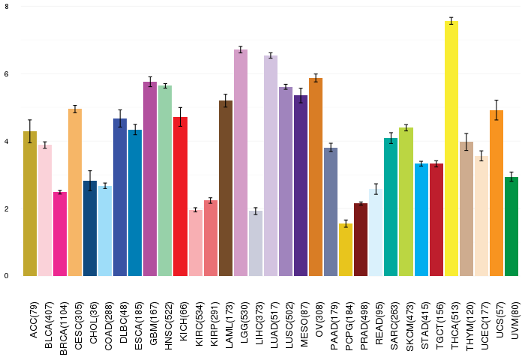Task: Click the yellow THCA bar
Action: (x=451, y=148)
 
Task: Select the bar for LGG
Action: (x=241, y=163)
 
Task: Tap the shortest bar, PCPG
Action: (x=346, y=250)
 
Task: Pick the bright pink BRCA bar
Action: (x=60, y=234)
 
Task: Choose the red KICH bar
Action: (x=181, y=196)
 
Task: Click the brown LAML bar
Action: (x=226, y=188)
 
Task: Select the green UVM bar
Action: (x=511, y=226)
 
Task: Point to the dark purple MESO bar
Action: (x=301, y=185)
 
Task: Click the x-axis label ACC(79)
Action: (x=34, y=319)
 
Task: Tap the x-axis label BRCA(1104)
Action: (x=64, y=328)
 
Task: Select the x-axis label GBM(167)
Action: (x=154, y=323)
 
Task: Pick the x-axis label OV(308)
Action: (x=319, y=319)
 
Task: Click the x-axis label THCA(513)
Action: (x=455, y=325)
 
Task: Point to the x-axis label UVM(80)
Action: (x=515, y=320)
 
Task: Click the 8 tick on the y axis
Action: (x=7, y=6)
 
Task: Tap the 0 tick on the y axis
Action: (x=7, y=276)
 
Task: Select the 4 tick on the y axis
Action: (x=7, y=141)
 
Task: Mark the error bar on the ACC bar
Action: (x=30, y=131)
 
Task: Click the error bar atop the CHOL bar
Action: (x=90, y=181)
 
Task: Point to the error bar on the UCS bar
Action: (x=496, y=110)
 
